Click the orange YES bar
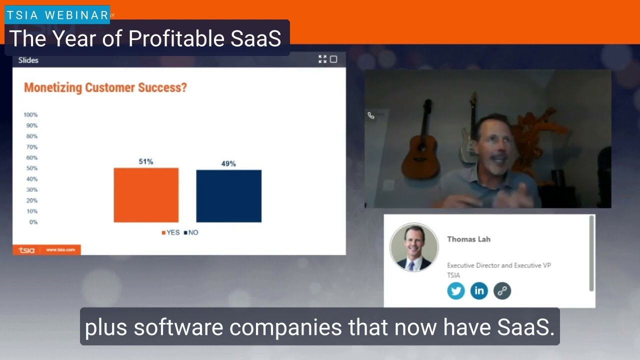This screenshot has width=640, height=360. [x=146, y=195]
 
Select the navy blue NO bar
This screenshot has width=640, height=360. [x=228, y=196]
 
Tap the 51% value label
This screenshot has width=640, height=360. [x=146, y=161]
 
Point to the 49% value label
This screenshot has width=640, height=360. [x=228, y=163]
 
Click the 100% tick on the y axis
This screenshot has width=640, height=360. [x=30, y=115]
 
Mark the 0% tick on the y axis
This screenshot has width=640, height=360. [x=33, y=222]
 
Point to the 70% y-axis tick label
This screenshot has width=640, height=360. [x=31, y=147]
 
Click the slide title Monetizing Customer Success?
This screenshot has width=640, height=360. [x=105, y=88]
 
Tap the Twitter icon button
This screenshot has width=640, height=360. [x=456, y=290]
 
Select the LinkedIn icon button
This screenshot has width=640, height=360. [x=479, y=290]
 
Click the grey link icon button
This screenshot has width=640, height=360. [x=502, y=290]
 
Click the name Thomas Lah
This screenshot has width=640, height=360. [x=468, y=239]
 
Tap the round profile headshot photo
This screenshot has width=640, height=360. [x=414, y=247]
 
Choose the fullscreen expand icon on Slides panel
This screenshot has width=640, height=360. [x=322, y=59]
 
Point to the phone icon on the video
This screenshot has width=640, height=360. [x=371, y=115]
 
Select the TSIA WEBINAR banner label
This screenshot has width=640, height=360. [x=57, y=15]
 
